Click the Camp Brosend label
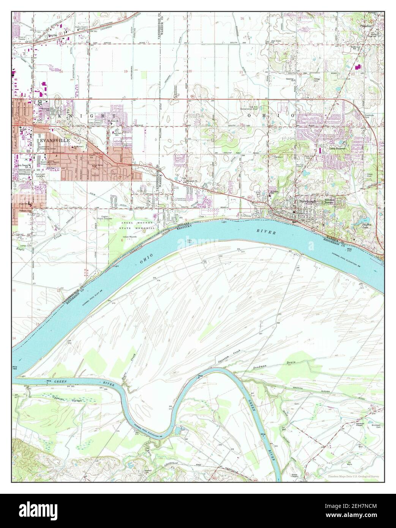[337, 148]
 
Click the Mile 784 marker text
[16, 370]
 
